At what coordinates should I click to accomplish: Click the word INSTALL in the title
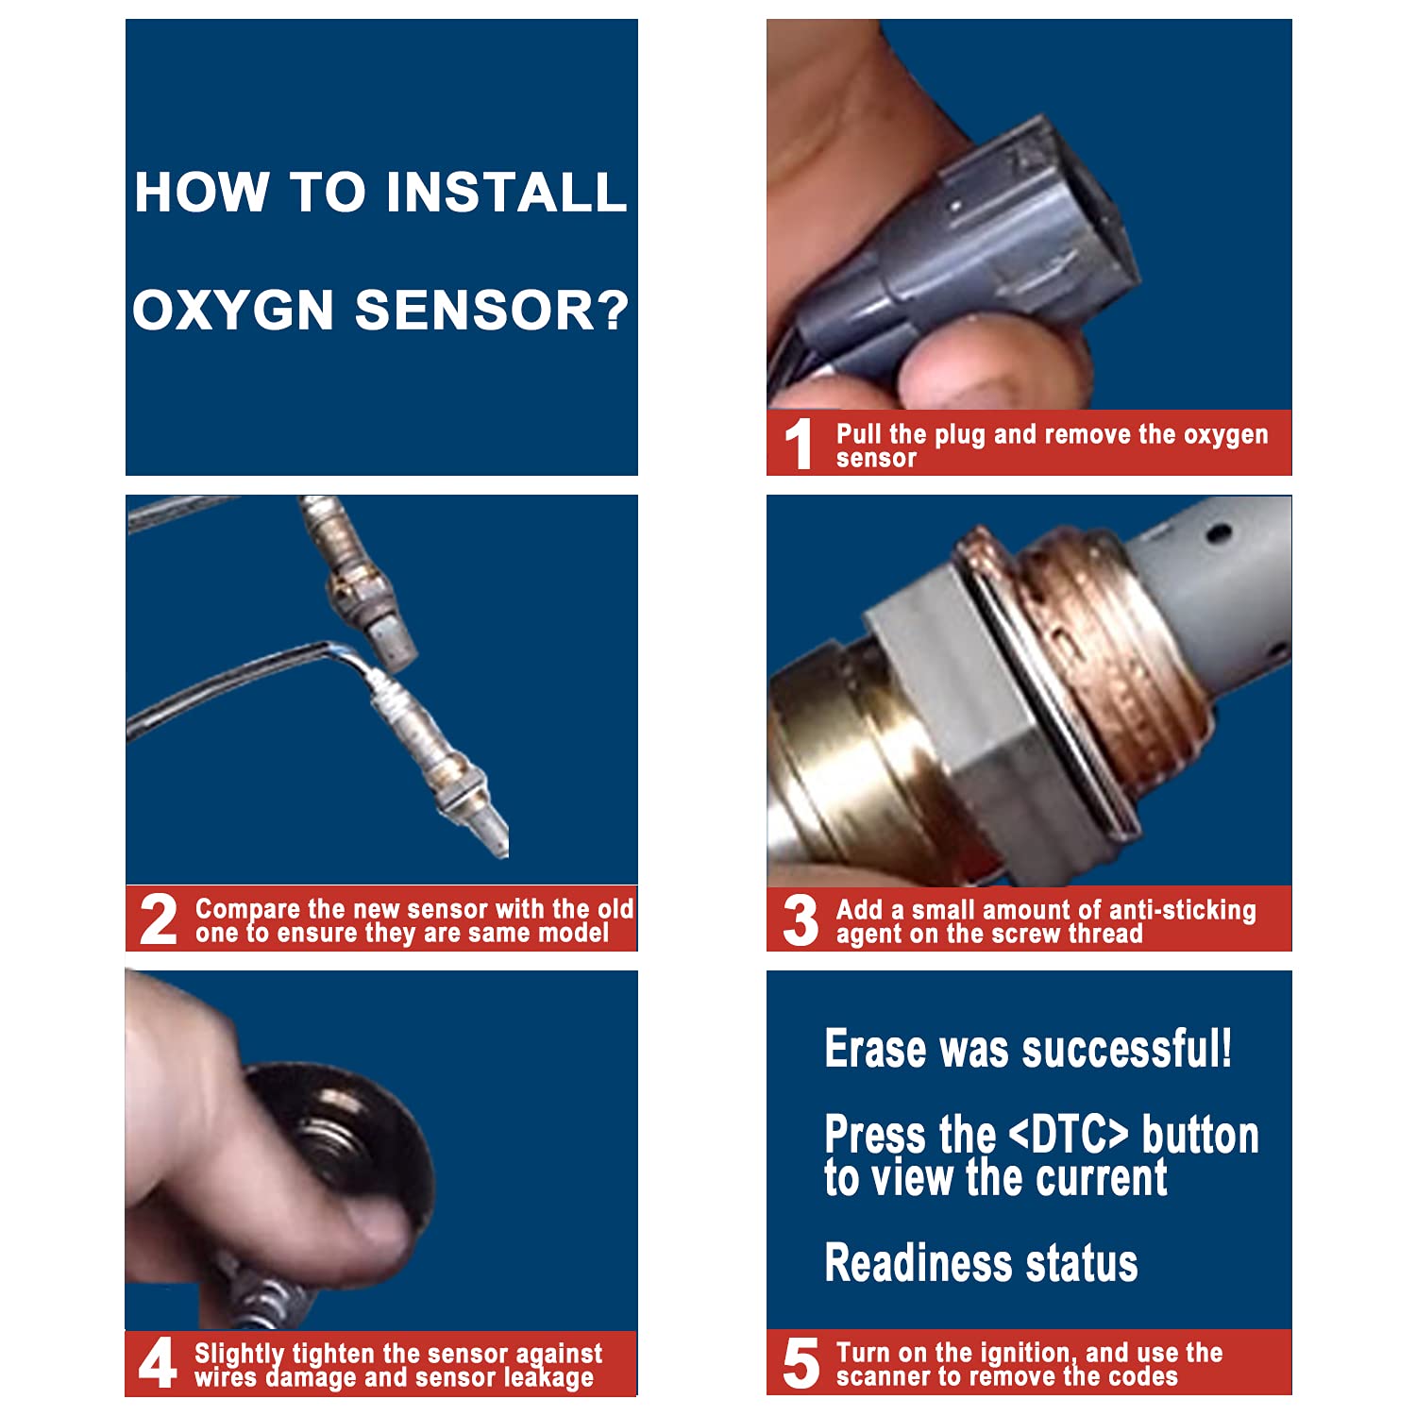point(506,192)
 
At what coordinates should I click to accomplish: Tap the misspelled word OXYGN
point(233,310)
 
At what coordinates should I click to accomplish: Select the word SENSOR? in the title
point(492,310)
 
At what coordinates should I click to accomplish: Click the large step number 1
point(800,444)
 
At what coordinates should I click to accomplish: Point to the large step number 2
point(158,919)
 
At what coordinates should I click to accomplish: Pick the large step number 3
point(801,919)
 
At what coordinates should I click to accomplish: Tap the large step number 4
point(158,1363)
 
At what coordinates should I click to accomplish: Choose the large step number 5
point(801,1363)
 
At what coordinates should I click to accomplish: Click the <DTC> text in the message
point(1069,1134)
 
